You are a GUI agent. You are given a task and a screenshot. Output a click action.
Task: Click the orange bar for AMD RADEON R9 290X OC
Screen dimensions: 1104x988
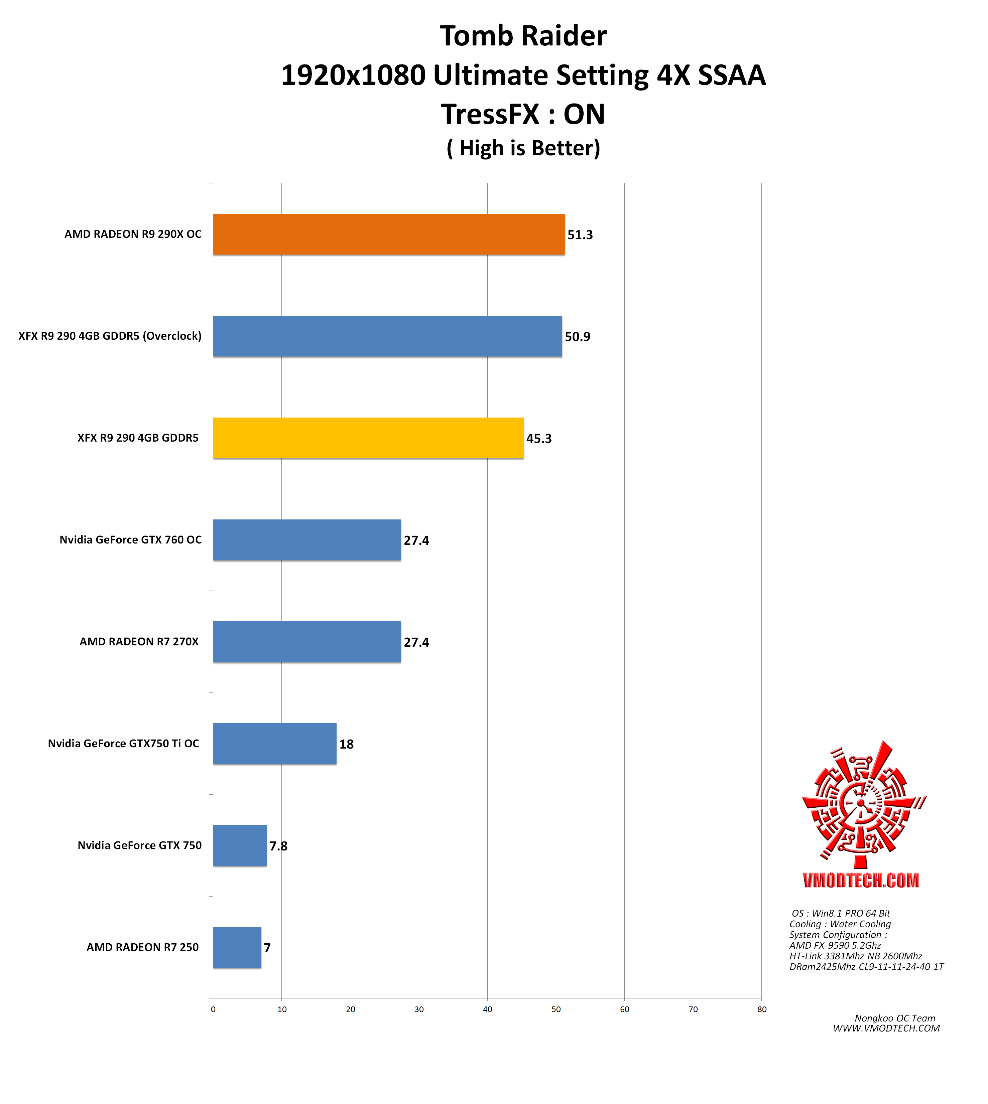click(389, 234)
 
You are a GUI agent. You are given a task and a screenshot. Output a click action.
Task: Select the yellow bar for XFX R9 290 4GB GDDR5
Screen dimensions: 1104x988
click(368, 438)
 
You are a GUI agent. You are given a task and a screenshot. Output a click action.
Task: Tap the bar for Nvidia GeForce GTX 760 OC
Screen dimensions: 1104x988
click(307, 540)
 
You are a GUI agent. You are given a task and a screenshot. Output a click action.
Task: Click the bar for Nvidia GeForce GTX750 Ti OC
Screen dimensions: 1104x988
click(275, 744)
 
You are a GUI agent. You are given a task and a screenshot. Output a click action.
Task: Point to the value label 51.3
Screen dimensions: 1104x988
click(580, 235)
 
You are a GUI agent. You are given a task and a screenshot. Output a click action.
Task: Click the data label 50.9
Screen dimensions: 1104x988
click(577, 337)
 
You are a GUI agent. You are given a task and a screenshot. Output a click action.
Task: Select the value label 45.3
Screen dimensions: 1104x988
click(538, 438)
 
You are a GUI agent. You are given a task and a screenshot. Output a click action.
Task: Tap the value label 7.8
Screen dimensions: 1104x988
click(278, 846)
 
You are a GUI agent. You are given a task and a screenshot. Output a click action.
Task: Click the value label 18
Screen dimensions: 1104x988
click(346, 744)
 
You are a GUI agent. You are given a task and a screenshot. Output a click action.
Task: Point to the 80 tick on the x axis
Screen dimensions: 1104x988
click(762, 1009)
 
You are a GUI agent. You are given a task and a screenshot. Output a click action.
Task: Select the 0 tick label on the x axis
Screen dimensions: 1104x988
click(213, 1009)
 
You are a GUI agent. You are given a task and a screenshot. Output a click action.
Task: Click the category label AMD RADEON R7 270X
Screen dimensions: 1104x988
click(139, 642)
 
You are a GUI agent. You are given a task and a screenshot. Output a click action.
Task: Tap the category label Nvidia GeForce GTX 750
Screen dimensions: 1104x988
click(139, 845)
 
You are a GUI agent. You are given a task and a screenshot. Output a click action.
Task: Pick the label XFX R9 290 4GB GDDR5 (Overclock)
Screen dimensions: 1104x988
click(110, 336)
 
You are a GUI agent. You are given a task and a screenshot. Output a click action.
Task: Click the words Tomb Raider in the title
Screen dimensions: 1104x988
click(523, 36)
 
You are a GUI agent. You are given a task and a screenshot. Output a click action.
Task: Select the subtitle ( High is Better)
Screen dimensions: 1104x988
click(523, 148)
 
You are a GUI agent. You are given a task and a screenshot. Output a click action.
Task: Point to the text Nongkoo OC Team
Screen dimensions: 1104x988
click(895, 1018)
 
